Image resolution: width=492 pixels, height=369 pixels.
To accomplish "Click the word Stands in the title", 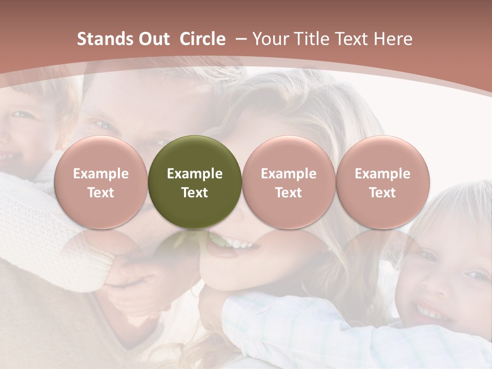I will [x=102, y=39].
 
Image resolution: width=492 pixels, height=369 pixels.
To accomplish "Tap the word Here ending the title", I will [x=393, y=39].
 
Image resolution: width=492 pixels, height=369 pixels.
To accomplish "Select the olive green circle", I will [x=195, y=182].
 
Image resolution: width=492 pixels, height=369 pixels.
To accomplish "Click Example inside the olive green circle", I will [x=195, y=174].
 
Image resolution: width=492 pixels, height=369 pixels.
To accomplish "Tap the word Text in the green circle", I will [x=195, y=193].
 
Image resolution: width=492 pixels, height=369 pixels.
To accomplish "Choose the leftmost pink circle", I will [x=101, y=182].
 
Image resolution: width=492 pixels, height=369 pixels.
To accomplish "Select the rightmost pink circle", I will [x=382, y=182].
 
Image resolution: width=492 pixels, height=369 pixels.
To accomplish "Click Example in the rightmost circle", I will [x=382, y=174].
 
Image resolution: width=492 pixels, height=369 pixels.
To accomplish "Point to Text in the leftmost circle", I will [x=101, y=193].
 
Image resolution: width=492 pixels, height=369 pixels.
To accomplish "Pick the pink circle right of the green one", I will [x=289, y=182].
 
